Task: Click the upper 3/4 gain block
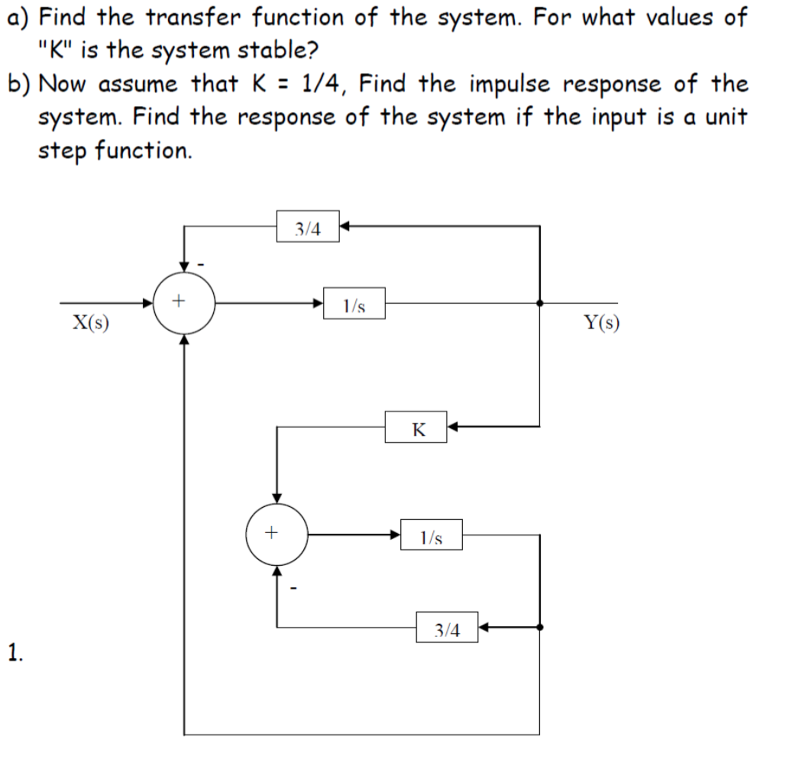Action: (x=308, y=226)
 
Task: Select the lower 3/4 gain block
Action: (x=447, y=627)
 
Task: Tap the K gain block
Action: (x=416, y=427)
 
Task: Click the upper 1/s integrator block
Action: (x=354, y=303)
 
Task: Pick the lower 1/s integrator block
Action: (x=431, y=535)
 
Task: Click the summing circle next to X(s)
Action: (x=184, y=303)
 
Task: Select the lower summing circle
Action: (x=277, y=535)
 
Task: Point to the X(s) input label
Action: (x=91, y=323)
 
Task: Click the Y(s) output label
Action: (x=601, y=323)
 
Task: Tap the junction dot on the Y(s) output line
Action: (x=540, y=303)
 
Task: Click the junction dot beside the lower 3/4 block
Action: (x=540, y=627)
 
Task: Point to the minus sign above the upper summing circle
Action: (x=201, y=265)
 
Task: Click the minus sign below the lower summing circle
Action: (x=294, y=588)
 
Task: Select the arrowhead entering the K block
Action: (x=453, y=426)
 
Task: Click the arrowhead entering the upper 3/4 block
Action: (x=344, y=226)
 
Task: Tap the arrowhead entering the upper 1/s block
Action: (x=318, y=303)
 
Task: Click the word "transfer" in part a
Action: (x=193, y=18)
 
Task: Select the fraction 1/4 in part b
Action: (x=320, y=84)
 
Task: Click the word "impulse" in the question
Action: (x=510, y=84)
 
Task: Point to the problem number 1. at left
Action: (x=15, y=652)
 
